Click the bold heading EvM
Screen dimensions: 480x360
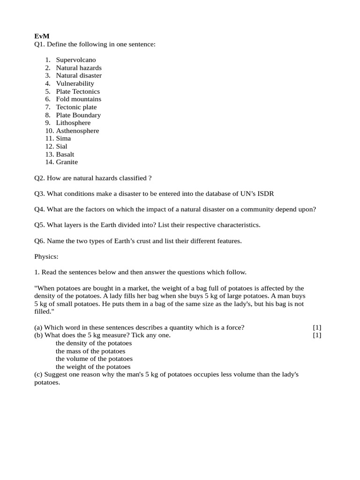coord(41,36)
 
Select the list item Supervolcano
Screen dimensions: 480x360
coord(75,60)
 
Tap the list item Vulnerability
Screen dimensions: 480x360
coord(75,83)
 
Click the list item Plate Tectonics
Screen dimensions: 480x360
coord(78,91)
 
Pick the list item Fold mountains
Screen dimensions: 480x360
coord(78,99)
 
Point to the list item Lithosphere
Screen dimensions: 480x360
coord(73,123)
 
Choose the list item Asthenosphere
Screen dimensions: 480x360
coord(77,131)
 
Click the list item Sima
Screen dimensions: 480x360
coord(63,139)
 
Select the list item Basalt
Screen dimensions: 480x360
coord(65,154)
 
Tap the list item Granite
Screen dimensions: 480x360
coord(67,162)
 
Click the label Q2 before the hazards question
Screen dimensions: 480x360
coord(39,178)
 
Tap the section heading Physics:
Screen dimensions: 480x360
coord(46,257)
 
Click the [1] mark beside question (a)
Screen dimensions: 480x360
coord(317,328)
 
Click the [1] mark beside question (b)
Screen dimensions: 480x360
coord(317,336)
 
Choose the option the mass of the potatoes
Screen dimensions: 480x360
coord(90,351)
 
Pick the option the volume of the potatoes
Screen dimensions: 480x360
coord(94,359)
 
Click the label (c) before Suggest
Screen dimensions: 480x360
coord(38,375)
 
